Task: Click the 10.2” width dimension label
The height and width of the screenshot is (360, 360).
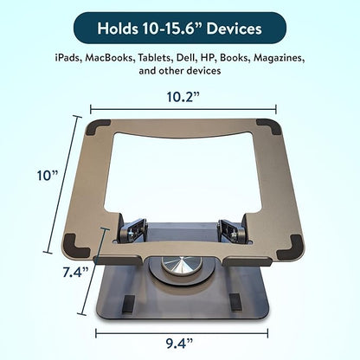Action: tap(183, 97)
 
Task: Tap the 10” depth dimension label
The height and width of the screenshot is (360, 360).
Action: tap(48, 176)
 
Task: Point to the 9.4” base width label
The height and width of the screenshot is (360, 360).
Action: tap(179, 344)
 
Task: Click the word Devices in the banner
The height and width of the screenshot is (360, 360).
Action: tap(234, 29)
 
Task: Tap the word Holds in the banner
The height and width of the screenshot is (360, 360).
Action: tap(118, 29)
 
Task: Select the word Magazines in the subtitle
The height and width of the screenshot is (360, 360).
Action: tap(280, 58)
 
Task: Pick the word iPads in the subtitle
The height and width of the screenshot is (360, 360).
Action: tap(68, 58)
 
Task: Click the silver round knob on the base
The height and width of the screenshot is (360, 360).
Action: tap(182, 265)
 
